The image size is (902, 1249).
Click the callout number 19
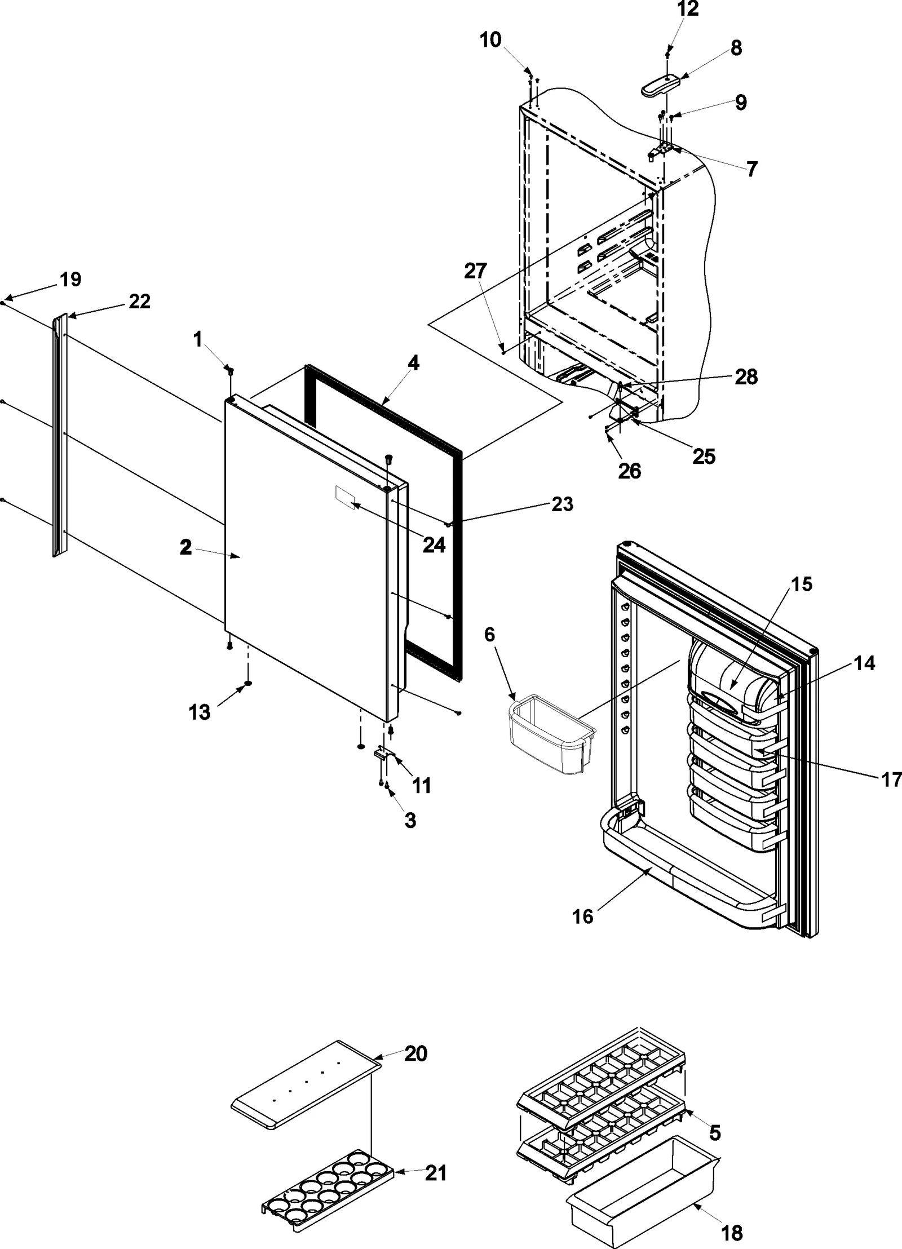(71, 280)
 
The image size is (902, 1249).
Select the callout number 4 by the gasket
(413, 364)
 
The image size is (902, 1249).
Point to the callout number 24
(434, 544)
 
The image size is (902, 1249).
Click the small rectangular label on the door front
(344, 498)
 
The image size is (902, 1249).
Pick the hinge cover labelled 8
(660, 86)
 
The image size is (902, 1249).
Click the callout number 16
(583, 916)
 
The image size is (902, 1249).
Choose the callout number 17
(891, 779)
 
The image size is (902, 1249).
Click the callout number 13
(199, 712)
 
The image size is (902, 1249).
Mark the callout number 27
(475, 271)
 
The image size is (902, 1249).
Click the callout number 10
(490, 40)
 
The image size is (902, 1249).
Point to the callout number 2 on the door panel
(185, 547)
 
